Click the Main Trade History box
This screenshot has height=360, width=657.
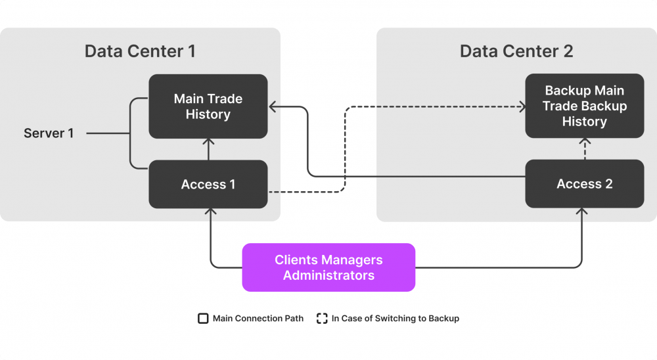(208, 106)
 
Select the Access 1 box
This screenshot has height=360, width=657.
(208, 185)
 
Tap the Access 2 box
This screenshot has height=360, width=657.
(584, 184)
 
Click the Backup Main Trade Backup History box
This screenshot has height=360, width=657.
(584, 106)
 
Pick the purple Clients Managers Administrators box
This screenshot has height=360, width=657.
(328, 267)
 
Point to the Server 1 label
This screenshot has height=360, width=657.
(49, 133)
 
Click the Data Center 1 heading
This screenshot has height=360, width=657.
(140, 51)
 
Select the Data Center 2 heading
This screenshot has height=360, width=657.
(516, 51)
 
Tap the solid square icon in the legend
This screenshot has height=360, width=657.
(203, 319)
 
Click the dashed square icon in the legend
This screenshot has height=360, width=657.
(322, 319)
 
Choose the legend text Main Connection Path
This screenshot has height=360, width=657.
(258, 319)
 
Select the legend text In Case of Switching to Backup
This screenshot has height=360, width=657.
(395, 319)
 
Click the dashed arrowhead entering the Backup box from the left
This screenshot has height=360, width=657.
(522, 106)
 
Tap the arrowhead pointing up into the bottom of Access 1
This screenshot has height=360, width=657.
(210, 212)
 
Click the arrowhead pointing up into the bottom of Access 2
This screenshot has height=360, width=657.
(581, 212)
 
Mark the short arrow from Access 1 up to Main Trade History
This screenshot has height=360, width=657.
(208, 149)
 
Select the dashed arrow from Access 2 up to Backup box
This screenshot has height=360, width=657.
(584, 149)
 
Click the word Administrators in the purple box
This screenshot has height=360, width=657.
(328, 275)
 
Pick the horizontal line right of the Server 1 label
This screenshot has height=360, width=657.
(108, 133)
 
